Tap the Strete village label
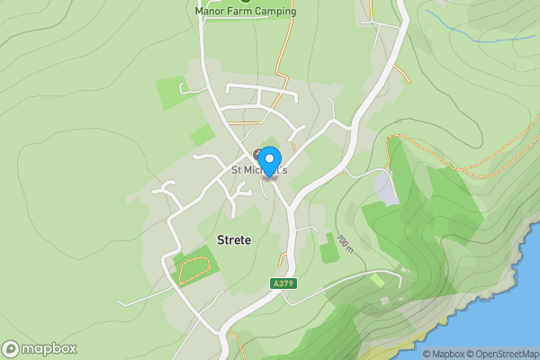[234, 239]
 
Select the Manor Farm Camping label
[246, 12]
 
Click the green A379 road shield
[283, 283]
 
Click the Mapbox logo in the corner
[40, 349]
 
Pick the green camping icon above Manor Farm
[245, 1]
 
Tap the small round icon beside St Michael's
[258, 153]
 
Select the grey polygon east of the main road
[383, 188]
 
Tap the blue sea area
[504, 306]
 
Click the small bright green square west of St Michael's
[202, 135]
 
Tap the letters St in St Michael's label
[238, 169]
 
